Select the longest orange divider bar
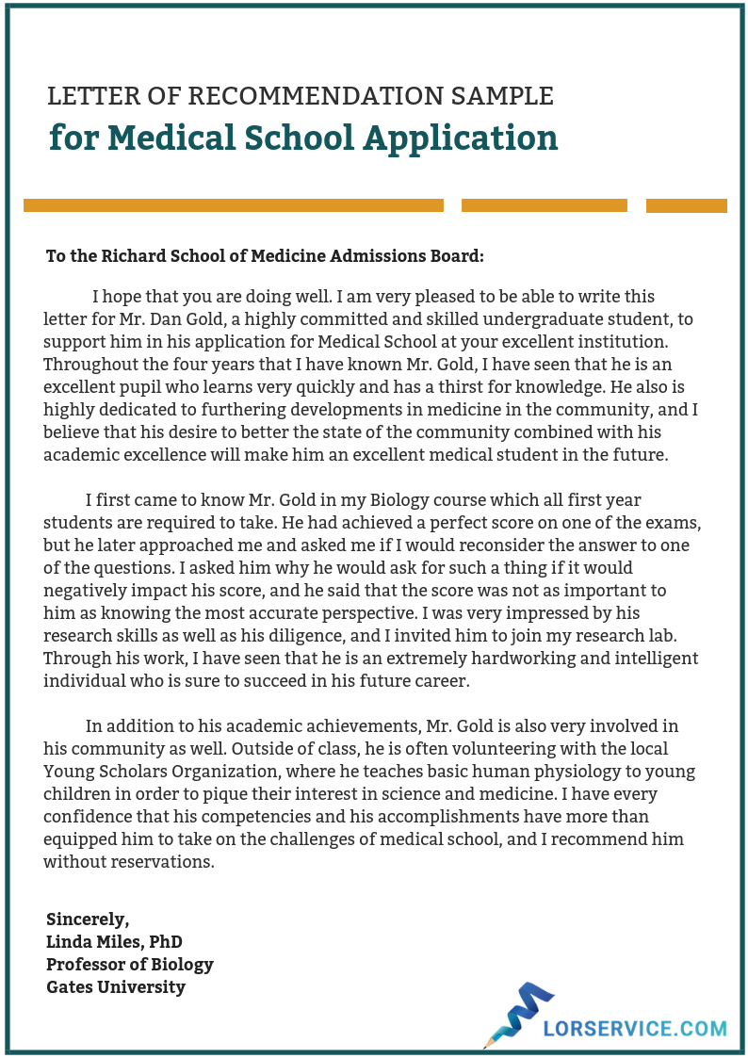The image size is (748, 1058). click(233, 205)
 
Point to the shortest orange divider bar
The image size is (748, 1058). click(686, 205)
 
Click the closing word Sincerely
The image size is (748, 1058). click(88, 920)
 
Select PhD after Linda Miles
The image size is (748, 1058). click(165, 942)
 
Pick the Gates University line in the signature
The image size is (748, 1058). click(116, 987)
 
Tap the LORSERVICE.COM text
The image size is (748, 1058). click(635, 1029)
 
